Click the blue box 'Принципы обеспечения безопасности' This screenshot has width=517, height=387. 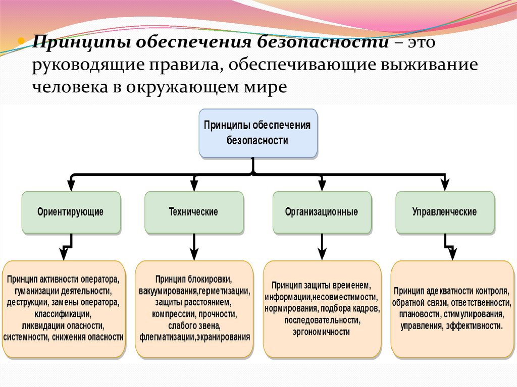tap(258, 133)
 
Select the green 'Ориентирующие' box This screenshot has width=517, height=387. tap(71, 212)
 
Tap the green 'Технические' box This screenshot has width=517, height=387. tap(193, 212)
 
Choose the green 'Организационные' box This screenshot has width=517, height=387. tap(321, 212)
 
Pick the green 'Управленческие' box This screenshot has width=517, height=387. tap(444, 212)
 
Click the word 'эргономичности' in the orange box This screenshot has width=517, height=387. tap(321, 331)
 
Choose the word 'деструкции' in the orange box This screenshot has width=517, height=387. tap(27, 303)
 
